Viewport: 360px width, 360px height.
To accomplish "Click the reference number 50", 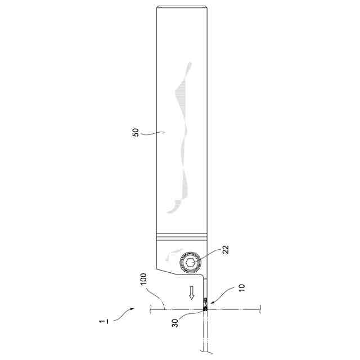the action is [x=136, y=132].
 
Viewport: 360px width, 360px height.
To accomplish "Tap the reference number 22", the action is [x=226, y=250].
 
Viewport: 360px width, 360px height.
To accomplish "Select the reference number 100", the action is [x=143, y=279].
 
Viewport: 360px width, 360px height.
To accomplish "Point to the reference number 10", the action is [x=242, y=287].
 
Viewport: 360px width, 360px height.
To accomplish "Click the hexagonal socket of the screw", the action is [x=190, y=262].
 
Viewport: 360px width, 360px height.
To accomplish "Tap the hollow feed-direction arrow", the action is [x=192, y=292].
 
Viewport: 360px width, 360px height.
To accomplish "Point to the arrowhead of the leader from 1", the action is [x=132, y=309].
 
